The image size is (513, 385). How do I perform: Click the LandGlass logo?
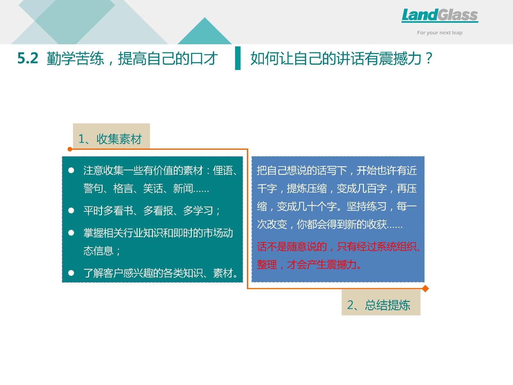click(x=440, y=15)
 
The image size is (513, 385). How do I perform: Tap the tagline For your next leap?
click(x=440, y=33)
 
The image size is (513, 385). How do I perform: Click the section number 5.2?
click(x=28, y=58)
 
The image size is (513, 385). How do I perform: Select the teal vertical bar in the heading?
click(x=238, y=58)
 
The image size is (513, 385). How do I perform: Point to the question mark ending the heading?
click(x=429, y=58)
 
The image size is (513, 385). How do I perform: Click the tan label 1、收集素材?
click(x=111, y=136)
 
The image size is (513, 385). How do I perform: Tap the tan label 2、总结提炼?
click(x=381, y=303)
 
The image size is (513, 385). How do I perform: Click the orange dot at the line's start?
click(x=70, y=149)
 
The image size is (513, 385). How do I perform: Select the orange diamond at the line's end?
click(x=425, y=289)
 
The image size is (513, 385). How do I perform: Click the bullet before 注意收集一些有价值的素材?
click(x=71, y=170)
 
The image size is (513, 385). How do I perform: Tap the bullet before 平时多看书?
click(x=71, y=210)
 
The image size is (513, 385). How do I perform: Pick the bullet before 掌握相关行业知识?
click(x=71, y=233)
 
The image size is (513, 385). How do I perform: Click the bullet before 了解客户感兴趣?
click(x=71, y=273)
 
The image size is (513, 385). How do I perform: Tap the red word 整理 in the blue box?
click(x=267, y=265)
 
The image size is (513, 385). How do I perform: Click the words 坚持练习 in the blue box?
click(x=366, y=206)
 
